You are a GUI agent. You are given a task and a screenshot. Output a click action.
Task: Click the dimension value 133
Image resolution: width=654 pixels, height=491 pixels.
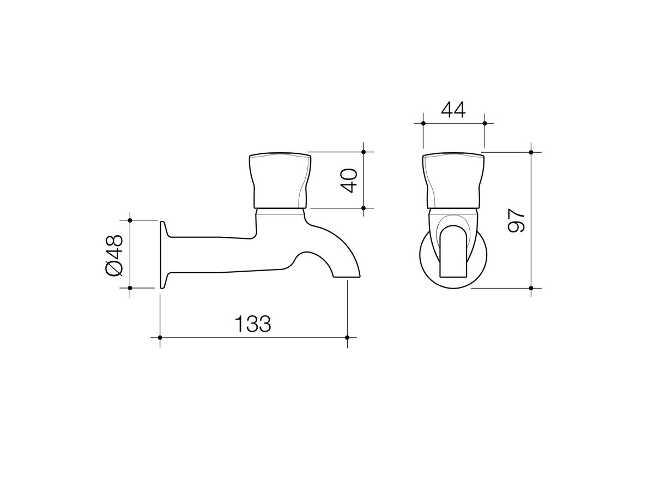(253, 324)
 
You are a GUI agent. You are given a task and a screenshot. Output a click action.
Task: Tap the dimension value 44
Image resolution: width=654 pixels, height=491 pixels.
(453, 110)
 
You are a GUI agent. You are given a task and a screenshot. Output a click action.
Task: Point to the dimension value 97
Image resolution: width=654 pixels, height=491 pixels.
(516, 220)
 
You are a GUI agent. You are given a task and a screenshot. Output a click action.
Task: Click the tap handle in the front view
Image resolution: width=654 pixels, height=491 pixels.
(453, 181)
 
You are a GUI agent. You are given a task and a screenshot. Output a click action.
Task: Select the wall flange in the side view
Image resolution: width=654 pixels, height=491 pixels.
(162, 254)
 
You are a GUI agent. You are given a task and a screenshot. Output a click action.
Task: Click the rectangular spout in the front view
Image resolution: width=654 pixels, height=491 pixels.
(453, 256)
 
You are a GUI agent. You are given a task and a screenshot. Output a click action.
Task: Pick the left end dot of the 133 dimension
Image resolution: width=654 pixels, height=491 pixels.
(160, 338)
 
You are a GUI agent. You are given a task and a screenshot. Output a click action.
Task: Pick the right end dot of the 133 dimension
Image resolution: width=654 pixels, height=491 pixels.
(348, 338)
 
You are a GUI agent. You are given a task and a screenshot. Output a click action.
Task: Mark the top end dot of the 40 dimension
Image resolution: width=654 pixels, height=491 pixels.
(364, 152)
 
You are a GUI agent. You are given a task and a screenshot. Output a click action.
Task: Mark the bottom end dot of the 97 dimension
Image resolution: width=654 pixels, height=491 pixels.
(531, 288)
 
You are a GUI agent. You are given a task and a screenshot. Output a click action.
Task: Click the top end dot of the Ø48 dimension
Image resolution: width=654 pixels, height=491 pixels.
(130, 220)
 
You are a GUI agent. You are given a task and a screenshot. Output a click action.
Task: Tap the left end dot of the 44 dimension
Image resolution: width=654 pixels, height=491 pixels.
(423, 123)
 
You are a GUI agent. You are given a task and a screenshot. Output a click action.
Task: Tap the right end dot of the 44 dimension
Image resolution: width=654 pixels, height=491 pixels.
(485, 123)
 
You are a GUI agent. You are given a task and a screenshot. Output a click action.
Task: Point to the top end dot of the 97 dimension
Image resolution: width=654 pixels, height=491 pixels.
(531, 152)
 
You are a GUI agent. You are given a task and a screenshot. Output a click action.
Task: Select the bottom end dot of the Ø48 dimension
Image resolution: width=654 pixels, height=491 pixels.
(130, 288)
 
